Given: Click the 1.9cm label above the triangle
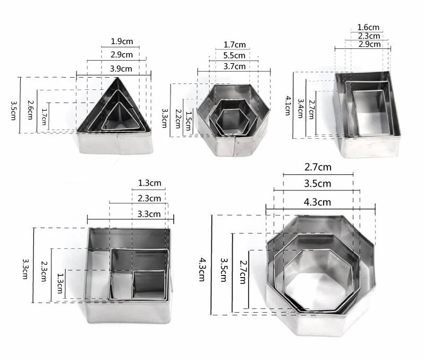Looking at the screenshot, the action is [x=122, y=41].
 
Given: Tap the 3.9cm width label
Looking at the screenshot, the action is [x=121, y=69].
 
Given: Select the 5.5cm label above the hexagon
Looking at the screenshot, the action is [x=234, y=55].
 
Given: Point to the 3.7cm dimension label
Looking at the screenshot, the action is [x=234, y=66].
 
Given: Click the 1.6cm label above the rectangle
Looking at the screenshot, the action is [x=368, y=27].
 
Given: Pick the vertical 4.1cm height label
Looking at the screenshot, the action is [x=288, y=105].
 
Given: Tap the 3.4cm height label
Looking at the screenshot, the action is [x=300, y=108].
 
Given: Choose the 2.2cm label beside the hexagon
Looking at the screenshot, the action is [x=178, y=119].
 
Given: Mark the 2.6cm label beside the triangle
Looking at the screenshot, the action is [x=30, y=110].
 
